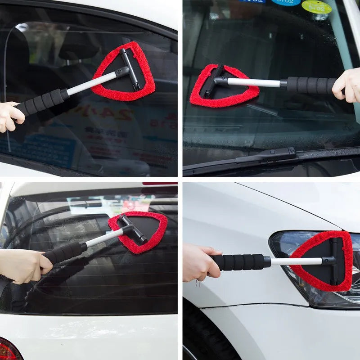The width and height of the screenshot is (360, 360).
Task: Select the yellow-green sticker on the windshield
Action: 316,6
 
